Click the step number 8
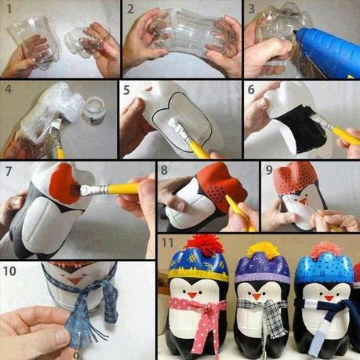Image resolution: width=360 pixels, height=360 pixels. tap(165, 170)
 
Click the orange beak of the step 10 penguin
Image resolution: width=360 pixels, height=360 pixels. tap(74, 280)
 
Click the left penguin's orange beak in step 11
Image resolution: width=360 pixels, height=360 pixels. tap(192, 295)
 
